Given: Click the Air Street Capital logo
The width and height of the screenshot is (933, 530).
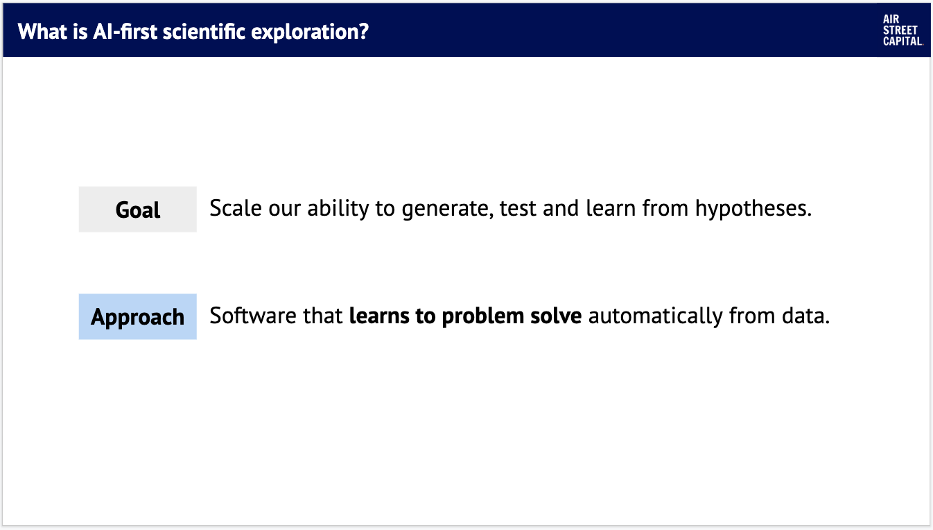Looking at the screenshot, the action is tap(903, 31).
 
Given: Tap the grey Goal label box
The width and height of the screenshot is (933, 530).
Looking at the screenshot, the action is tap(137, 210).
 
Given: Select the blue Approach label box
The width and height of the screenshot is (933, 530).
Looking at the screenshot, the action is tap(137, 316).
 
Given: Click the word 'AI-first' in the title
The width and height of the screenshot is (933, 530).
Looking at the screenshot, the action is tap(125, 31).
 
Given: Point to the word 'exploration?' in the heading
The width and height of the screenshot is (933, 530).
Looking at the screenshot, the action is tap(310, 33).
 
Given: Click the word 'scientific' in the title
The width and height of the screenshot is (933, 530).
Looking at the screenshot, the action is tap(204, 31).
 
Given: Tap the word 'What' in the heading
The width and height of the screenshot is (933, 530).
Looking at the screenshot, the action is tap(42, 31).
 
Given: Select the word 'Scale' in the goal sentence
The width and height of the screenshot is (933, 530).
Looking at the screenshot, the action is tap(236, 208).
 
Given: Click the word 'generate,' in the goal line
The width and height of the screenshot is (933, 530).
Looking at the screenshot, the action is tap(447, 210).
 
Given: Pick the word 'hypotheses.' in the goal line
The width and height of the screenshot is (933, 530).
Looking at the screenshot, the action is tap(753, 210).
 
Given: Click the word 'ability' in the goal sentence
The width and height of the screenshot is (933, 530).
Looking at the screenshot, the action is tap(338, 210).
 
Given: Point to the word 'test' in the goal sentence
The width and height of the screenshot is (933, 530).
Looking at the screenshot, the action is tap(518, 209).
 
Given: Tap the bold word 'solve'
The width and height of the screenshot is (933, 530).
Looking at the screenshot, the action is tap(556, 316).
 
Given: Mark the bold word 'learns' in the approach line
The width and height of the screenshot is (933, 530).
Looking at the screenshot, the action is tap(379, 316).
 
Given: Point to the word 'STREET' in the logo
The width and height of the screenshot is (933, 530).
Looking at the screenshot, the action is tap(900, 31).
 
